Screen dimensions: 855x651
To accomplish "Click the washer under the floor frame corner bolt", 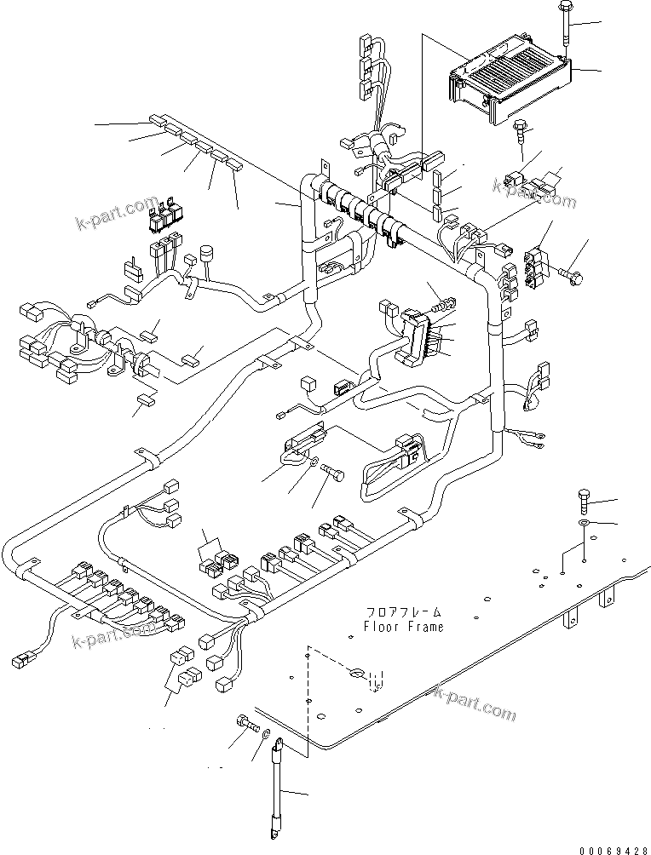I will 584,521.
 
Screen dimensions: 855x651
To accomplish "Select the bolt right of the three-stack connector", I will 573,274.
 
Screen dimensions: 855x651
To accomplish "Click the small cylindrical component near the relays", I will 205,254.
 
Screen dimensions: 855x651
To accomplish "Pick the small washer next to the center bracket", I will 315,462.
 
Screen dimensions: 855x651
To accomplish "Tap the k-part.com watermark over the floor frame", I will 475,703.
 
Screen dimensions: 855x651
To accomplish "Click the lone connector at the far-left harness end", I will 22,658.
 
